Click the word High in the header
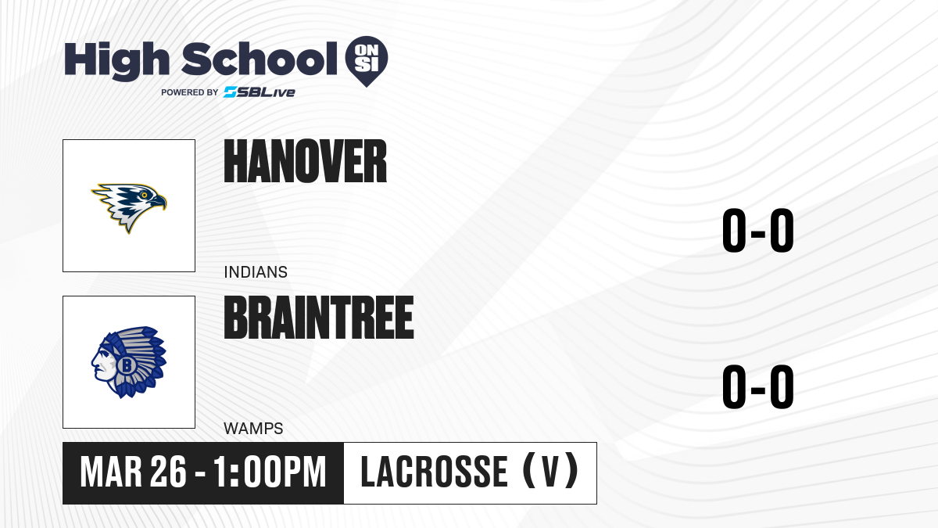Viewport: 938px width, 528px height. pos(116,61)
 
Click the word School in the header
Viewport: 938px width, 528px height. pos(260,59)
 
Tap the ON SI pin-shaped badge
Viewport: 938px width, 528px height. pos(367,61)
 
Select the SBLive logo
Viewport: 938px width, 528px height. pos(260,92)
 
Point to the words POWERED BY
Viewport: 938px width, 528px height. pos(189,92)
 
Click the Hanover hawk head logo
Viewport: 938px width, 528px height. pos(129,207)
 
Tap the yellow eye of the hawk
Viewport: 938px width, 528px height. pos(144,195)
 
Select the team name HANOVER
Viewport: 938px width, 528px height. pos(306,161)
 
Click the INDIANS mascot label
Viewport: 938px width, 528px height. pos(256,272)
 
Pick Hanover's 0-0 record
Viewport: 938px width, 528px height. pos(758,231)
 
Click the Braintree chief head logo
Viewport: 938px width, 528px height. pos(129,362)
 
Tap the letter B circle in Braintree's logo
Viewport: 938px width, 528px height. pos(126,365)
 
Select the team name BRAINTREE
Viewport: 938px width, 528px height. pos(319,318)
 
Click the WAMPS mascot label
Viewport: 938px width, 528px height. pos(253,429)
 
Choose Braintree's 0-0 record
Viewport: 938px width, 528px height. pos(758,386)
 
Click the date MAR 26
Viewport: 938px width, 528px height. pos(133,472)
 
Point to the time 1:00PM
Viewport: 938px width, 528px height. pos(270,472)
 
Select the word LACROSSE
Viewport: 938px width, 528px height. pos(435,472)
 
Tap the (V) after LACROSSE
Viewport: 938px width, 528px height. pos(550,471)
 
